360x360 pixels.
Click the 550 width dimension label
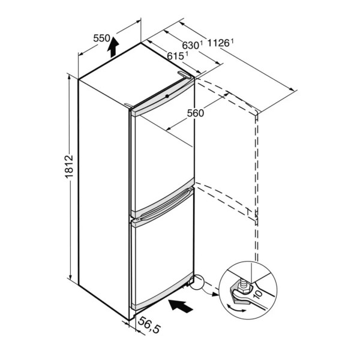tap(102, 38)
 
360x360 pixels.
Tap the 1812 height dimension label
tap(69, 167)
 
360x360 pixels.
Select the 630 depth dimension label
tap(190, 46)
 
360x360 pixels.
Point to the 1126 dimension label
tap(218, 43)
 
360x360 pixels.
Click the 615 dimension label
tap(175, 56)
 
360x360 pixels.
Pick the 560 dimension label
tap(196, 113)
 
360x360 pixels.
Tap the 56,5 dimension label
tap(149, 325)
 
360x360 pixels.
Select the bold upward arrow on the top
tap(113, 47)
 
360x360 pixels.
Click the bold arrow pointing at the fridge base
tap(181, 306)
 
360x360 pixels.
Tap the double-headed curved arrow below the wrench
tap(236, 308)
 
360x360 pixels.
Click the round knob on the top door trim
tap(167, 96)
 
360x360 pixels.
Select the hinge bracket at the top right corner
tap(184, 75)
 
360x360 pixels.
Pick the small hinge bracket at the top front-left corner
tap(128, 106)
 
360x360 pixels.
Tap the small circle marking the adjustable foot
tap(197, 283)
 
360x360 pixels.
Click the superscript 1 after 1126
tap(232, 41)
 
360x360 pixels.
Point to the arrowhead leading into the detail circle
tap(215, 294)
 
